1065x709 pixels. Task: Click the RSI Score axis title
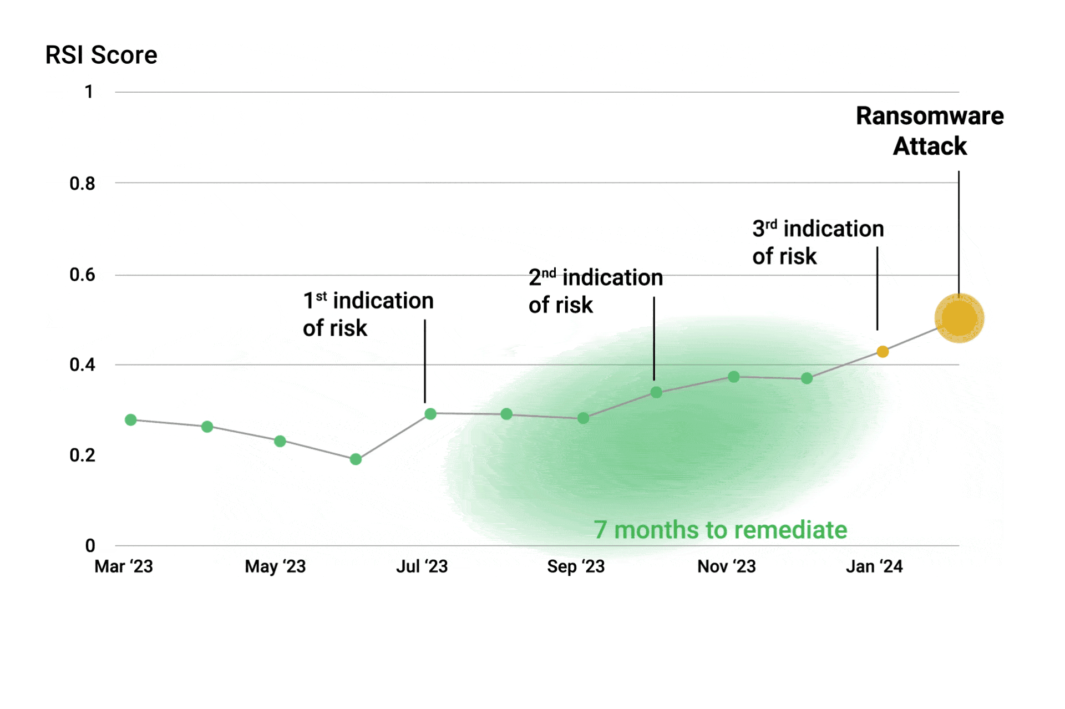[x=101, y=55]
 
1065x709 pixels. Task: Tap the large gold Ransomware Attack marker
[x=958, y=318]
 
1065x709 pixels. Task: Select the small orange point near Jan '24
[x=882, y=351]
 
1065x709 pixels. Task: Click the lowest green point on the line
[x=356, y=459]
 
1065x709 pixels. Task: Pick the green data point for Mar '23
[x=130, y=419]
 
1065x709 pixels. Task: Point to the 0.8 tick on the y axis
[x=82, y=184]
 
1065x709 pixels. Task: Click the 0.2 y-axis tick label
[x=82, y=455]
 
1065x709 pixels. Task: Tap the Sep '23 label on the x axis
[x=575, y=566]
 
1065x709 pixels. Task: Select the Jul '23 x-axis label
[x=422, y=566]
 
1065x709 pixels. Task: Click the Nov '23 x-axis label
[x=726, y=566]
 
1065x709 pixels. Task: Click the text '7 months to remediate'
[x=720, y=530]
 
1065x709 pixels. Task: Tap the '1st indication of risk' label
[x=368, y=314]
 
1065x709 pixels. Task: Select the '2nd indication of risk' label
[x=595, y=291]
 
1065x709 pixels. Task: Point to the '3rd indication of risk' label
[x=818, y=242]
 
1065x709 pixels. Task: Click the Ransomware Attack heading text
[x=930, y=131]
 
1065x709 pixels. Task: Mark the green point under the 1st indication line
[x=430, y=413]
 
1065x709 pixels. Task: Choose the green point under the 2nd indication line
[x=656, y=392]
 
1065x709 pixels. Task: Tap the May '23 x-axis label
[x=275, y=566]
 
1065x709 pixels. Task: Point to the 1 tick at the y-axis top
[x=89, y=92]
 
